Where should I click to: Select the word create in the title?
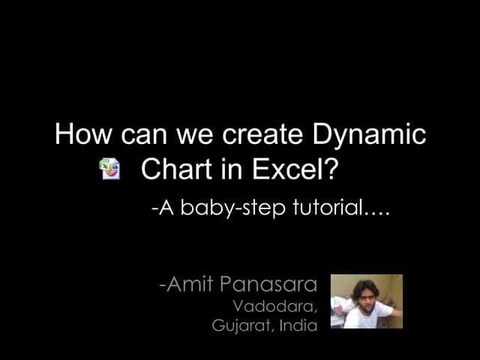259,135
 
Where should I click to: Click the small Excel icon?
110,169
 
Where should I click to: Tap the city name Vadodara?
274,306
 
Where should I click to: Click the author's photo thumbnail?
366,301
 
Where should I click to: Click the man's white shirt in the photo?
375,315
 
